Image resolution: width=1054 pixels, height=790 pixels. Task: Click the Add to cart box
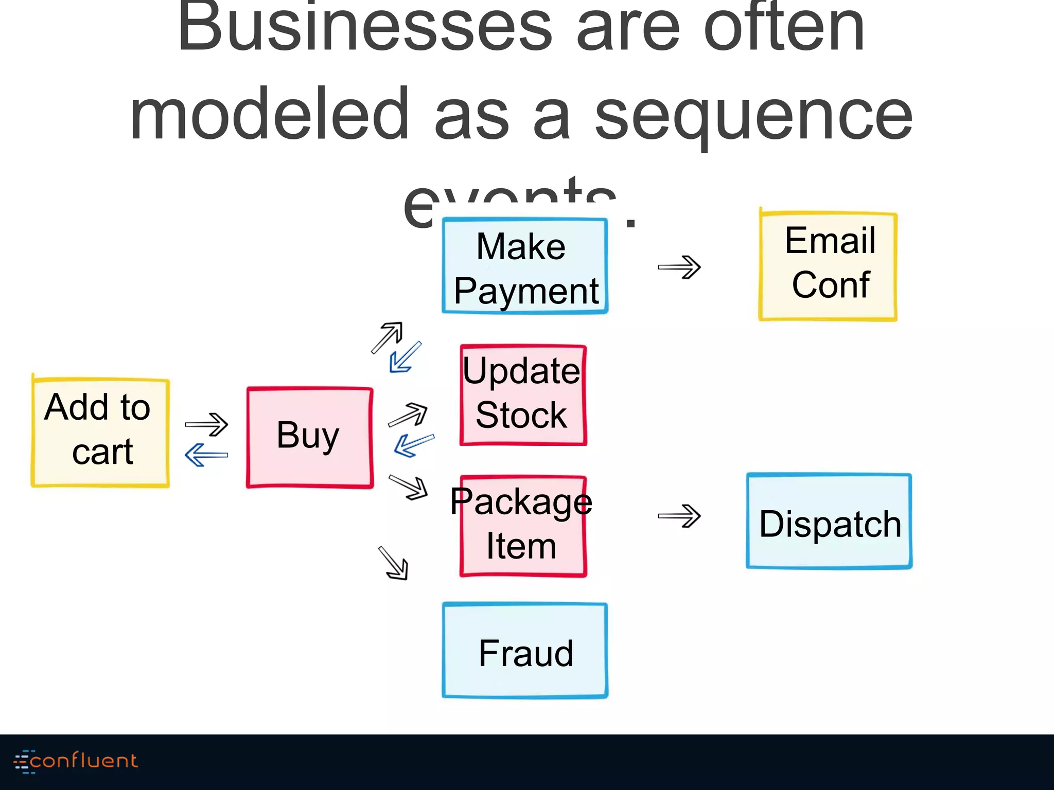pos(100,432)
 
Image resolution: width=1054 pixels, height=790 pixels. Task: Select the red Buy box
pos(309,437)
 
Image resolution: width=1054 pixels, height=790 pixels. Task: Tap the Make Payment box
pos(525,266)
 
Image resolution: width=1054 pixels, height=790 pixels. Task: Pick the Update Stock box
pos(523,394)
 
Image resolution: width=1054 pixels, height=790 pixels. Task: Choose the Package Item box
pos(523,526)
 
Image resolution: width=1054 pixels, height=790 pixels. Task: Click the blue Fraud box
pos(525,651)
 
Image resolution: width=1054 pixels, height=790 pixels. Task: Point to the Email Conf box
pos(828,266)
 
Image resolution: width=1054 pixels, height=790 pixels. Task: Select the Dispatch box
pos(829,522)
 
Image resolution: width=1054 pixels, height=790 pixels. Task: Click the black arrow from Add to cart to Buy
pos(206,424)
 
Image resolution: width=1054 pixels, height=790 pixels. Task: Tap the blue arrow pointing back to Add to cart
pos(206,455)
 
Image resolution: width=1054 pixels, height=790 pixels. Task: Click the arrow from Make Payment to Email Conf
pos(679,267)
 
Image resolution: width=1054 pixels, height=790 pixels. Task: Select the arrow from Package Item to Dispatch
pos(679,516)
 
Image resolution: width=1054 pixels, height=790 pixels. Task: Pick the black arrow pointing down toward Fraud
pos(394,563)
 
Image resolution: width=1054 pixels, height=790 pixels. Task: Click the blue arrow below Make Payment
pos(405,357)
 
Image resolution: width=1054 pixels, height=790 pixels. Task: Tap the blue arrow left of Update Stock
pos(414,445)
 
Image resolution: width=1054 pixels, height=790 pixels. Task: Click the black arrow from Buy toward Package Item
pos(409,487)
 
